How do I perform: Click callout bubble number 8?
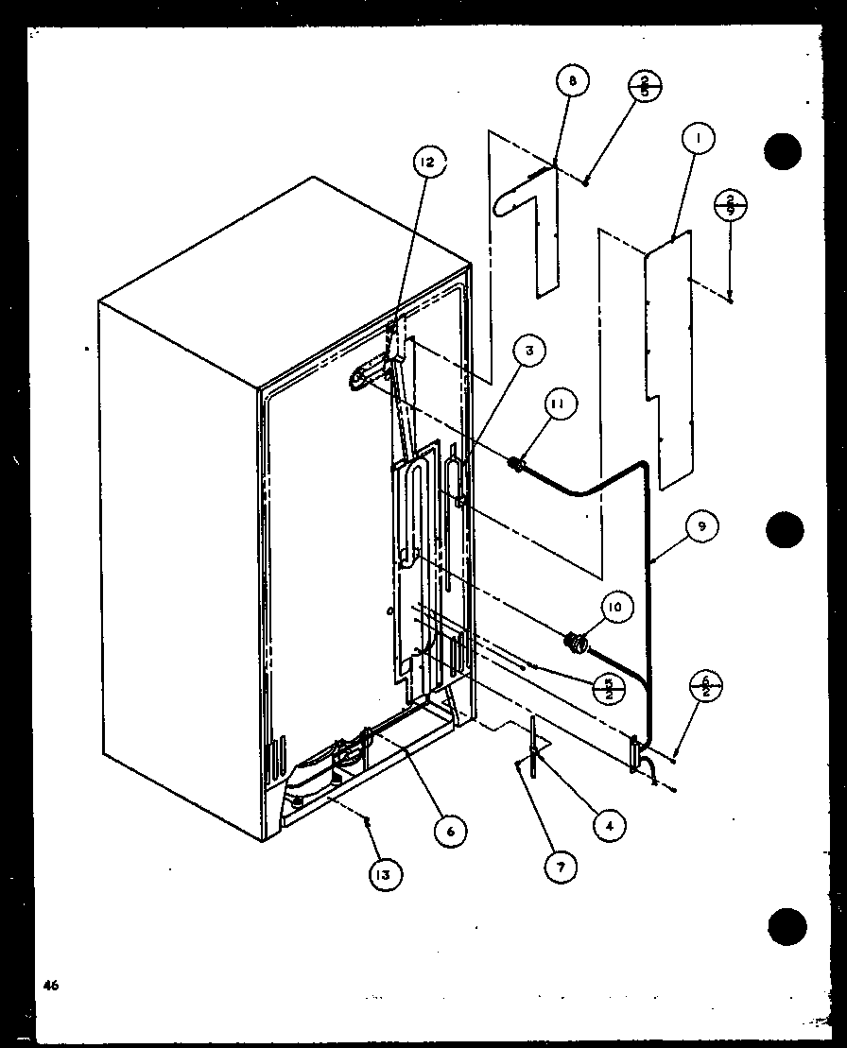point(572,82)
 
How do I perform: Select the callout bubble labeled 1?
point(699,140)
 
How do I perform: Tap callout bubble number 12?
point(427,163)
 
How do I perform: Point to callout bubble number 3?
point(529,352)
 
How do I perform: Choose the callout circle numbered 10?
point(614,609)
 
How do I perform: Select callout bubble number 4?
point(610,825)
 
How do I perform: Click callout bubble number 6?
point(450,830)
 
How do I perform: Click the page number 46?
point(50,985)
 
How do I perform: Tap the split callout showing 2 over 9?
point(731,205)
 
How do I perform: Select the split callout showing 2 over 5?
point(645,88)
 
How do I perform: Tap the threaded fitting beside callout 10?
point(574,643)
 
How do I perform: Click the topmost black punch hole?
point(783,151)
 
